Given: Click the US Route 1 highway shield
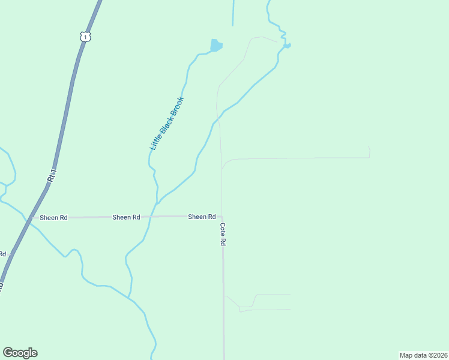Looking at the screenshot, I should coord(85,37).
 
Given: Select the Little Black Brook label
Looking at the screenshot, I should coord(166,124).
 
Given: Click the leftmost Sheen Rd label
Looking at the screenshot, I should coord(53,217).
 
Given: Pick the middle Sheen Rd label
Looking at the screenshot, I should coord(126,217).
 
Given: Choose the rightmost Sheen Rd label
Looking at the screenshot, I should coord(202,217).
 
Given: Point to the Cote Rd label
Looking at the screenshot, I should coord(222,235).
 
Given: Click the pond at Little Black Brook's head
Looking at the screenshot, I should coord(215,46).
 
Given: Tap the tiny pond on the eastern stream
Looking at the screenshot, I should coord(288,45).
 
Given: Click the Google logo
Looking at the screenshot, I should coord(20,353).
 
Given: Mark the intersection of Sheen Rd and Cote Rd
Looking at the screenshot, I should coord(222,217).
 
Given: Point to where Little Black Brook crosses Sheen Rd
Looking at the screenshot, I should coord(150,217).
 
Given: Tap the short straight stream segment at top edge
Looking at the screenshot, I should coord(232,12).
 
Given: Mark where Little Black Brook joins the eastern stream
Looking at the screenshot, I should coord(157,203).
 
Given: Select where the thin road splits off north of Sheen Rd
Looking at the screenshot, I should coord(222,169).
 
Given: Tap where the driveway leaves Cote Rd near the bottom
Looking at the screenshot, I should coord(224,295).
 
